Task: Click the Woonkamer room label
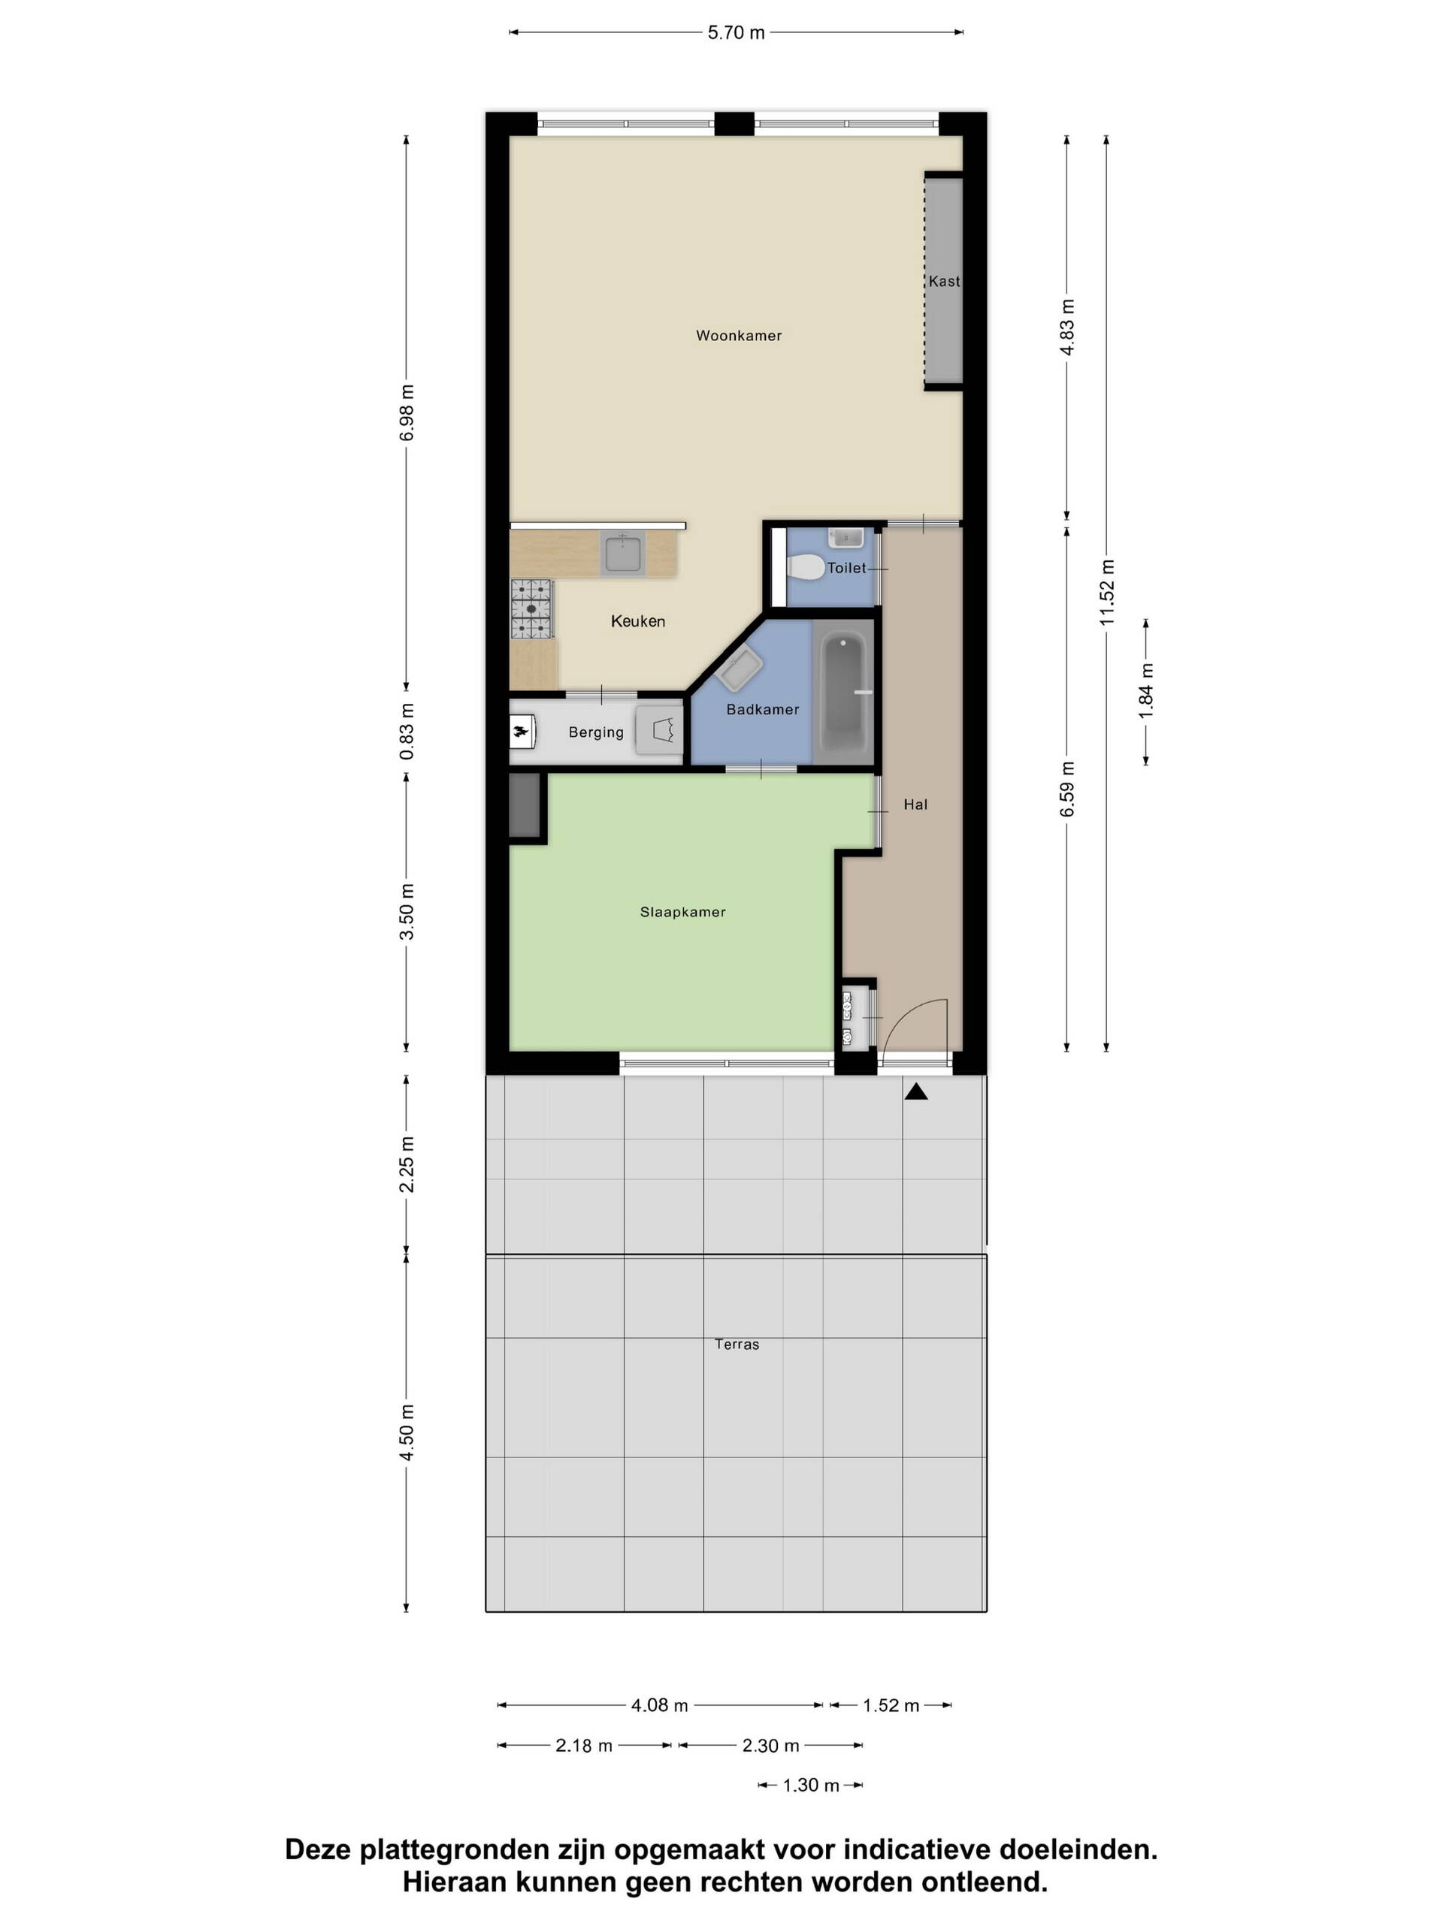(739, 336)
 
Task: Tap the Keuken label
(637, 621)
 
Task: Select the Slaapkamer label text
(682, 912)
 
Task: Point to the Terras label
(737, 1344)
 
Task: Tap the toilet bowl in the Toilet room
(806, 568)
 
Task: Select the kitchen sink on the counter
(623, 554)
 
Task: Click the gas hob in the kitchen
(531, 608)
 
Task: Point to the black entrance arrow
(916, 1092)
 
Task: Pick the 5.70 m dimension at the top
(736, 33)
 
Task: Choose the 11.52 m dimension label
(1106, 592)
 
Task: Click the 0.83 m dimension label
(406, 731)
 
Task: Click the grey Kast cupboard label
(944, 281)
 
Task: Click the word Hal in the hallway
(915, 805)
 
